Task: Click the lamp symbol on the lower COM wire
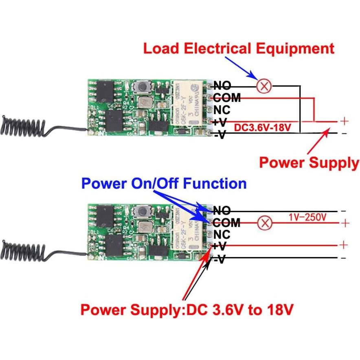(266, 223)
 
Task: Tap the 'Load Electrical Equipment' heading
(239, 48)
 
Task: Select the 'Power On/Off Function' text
(164, 183)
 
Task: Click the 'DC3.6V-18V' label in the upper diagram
(263, 127)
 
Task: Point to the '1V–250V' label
(307, 217)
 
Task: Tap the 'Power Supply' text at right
(309, 163)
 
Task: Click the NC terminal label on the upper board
(222, 110)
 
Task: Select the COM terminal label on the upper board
(226, 98)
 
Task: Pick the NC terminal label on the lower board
(222, 235)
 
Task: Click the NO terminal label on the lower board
(222, 211)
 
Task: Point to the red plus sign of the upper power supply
(344, 121)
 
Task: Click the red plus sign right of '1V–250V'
(344, 223)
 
